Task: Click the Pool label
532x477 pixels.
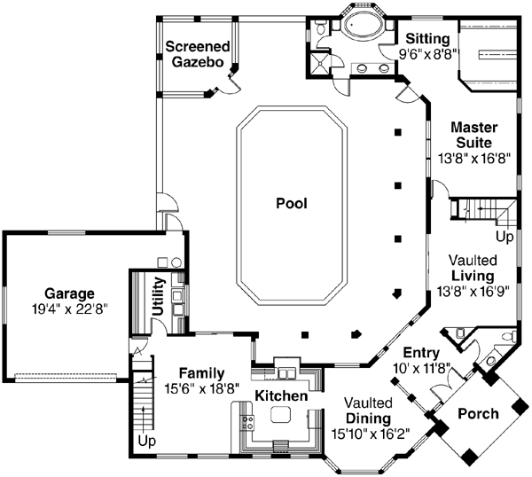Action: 291,203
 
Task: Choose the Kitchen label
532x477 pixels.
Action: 282,395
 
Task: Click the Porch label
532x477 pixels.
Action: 478,413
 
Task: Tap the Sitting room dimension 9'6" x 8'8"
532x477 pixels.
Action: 431,53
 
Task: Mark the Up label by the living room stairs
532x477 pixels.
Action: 504,238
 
